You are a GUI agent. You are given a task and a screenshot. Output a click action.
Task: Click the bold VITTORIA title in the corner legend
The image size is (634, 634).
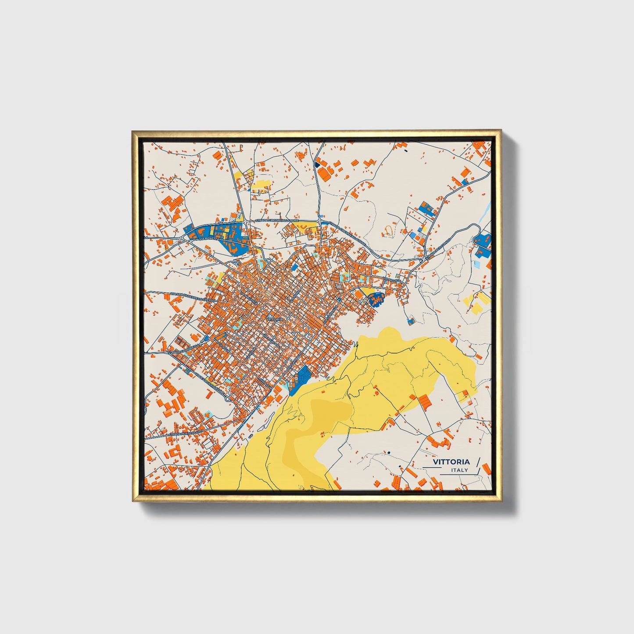tap(451, 462)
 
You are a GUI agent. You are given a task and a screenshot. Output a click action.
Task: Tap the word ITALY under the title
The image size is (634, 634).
tap(459, 470)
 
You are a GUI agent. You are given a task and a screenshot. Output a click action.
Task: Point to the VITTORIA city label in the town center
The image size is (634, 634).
tap(275, 319)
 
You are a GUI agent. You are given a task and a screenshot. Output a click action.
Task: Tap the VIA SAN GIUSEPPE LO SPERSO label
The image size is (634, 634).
tap(192, 297)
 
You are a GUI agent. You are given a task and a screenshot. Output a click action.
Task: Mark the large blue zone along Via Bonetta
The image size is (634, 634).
tap(217, 235)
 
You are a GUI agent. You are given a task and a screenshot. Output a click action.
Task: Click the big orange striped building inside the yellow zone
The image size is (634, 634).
tap(424, 401)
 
